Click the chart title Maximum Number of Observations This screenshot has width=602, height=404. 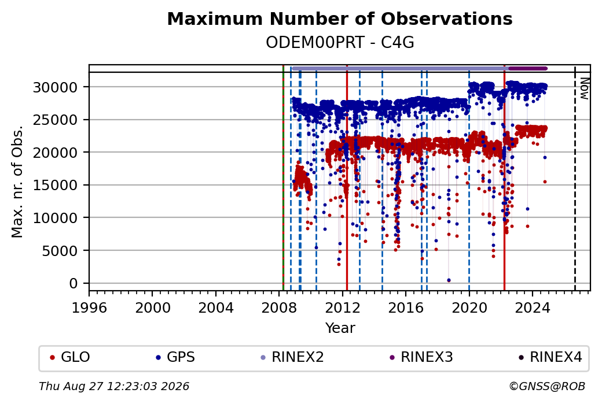pos(340,18)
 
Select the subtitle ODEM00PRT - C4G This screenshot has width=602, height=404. pos(340,43)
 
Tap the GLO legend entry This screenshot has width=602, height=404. pos(70,357)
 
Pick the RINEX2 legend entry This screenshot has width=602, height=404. pos(292,357)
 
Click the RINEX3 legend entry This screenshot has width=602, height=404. pos(421,357)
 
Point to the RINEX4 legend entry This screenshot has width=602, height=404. pos(550,357)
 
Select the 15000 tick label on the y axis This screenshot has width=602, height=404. pos(56,185)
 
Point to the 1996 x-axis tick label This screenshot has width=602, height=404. pos(89,307)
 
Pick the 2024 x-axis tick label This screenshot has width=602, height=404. pos(533,307)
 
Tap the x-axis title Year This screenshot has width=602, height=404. pos(340,328)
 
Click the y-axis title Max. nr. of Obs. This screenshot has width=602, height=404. pos(17,181)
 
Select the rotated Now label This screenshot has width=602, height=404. pos(584,88)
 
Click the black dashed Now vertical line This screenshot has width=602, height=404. pos(575,178)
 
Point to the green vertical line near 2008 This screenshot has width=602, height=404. pos(283,178)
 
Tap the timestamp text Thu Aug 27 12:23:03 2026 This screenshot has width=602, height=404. pos(114,386)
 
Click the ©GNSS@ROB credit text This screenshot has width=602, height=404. pos(547,386)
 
